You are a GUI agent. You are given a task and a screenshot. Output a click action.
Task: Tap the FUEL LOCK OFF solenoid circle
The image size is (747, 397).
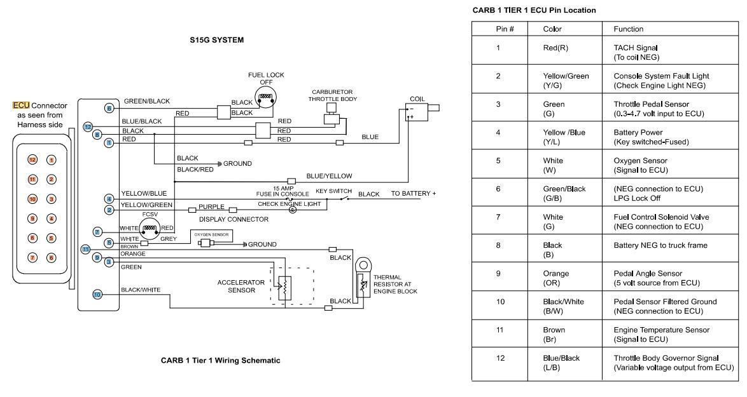[265, 97]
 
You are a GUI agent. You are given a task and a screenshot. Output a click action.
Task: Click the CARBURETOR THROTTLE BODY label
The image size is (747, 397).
[332, 95]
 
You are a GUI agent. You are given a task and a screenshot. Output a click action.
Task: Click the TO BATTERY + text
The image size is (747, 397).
[413, 193]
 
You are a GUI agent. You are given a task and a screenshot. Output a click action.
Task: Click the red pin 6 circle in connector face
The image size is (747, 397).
[52, 257]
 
